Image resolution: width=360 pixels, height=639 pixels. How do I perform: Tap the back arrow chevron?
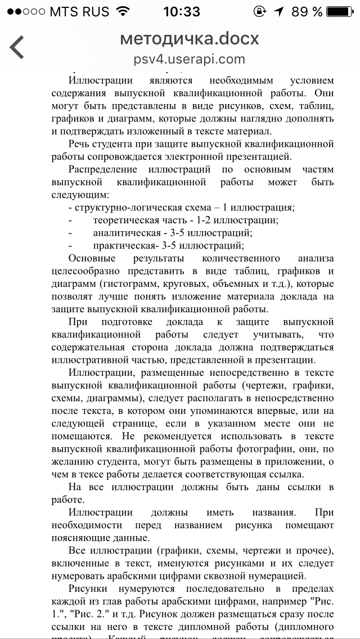(17, 47)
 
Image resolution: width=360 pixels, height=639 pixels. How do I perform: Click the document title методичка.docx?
(190, 39)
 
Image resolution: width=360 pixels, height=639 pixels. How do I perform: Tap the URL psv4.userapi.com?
(190, 59)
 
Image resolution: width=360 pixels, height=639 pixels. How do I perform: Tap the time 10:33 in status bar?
(181, 11)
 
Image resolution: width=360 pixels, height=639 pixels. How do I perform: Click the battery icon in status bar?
(343, 11)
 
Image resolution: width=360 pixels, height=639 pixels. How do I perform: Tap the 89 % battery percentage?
(308, 11)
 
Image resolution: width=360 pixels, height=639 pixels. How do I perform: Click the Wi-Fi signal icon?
(121, 11)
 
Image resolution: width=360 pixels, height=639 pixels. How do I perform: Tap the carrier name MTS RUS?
(79, 11)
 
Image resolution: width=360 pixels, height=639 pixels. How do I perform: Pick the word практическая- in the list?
(127, 245)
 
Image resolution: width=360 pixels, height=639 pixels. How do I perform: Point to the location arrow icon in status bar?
(280, 11)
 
